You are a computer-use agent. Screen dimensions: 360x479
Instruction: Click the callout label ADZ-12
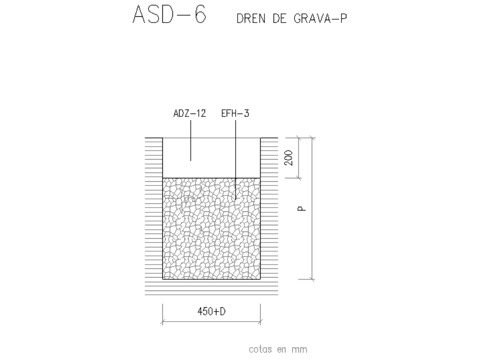coord(190,114)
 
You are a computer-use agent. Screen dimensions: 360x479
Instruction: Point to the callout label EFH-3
coord(235,114)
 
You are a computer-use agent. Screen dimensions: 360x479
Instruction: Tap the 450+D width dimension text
coord(211,312)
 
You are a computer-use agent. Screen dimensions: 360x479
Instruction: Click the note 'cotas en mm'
coord(278,349)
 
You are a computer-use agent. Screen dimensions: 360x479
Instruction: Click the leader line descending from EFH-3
coord(235,158)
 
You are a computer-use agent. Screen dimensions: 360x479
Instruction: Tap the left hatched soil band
coord(154,211)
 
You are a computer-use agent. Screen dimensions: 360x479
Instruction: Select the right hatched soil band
coord(269,211)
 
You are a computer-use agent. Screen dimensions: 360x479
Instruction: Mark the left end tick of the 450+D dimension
coord(163,321)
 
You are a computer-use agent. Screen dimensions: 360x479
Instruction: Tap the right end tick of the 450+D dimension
coord(261,321)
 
